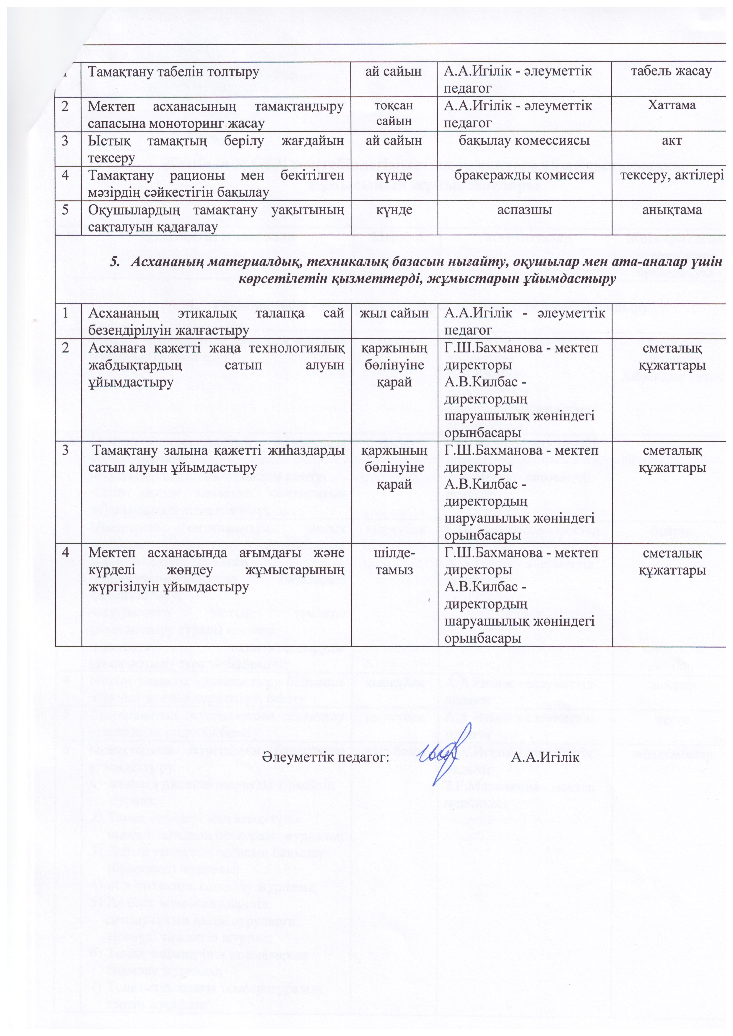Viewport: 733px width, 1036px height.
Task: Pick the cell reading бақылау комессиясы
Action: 524,140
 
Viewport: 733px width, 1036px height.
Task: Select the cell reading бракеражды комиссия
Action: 524,175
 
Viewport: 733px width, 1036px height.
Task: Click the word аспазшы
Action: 524,210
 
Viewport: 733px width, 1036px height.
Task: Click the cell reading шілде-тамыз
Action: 395,562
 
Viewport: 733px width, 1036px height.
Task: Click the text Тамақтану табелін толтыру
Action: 173,71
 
